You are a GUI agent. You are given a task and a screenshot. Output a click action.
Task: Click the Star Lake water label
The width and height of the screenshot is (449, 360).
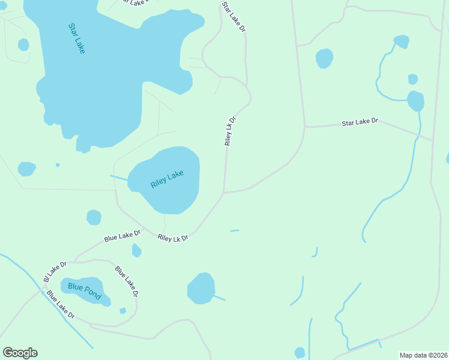pyautogui.click(x=77, y=38)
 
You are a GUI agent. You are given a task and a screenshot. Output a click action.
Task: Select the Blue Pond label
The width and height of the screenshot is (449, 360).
pyautogui.click(x=85, y=292)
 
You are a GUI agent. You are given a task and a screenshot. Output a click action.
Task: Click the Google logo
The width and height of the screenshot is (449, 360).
pyautogui.click(x=20, y=353)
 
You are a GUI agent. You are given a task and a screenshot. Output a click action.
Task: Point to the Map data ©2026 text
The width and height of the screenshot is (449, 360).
pyautogui.click(x=424, y=355)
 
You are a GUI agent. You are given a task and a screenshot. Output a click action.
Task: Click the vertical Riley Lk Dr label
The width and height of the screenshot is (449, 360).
pyautogui.click(x=230, y=131)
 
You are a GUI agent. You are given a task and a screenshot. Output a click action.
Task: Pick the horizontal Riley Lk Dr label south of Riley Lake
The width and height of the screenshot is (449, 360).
pyautogui.click(x=173, y=238)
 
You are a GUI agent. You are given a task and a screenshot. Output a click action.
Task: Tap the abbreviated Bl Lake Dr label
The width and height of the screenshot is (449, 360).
pyautogui.click(x=55, y=272)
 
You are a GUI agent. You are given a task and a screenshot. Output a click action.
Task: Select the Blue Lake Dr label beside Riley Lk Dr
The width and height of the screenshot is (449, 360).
pyautogui.click(x=122, y=236)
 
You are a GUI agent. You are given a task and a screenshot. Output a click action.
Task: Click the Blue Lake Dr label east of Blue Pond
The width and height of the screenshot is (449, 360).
pyautogui.click(x=127, y=281)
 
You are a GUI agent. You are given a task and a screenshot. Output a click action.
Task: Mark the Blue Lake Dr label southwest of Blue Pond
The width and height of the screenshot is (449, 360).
pyautogui.click(x=61, y=305)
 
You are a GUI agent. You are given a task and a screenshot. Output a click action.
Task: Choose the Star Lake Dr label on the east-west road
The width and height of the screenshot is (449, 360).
pyautogui.click(x=360, y=122)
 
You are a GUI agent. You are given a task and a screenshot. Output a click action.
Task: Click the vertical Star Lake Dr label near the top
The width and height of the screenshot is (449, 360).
pyautogui.click(x=234, y=17)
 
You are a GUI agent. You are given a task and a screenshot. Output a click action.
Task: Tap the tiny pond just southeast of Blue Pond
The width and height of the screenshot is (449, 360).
pyautogui.click(x=122, y=310)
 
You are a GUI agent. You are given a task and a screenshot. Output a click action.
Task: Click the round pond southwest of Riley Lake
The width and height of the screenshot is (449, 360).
pyautogui.click(x=94, y=217)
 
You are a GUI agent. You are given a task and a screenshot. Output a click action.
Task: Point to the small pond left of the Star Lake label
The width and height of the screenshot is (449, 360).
pyautogui.click(x=23, y=44)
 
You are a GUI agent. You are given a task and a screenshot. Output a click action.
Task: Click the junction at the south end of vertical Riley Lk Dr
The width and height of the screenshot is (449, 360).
pyautogui.click(x=224, y=193)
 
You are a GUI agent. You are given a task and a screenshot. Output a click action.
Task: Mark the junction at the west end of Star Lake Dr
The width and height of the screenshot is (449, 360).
pyautogui.click(x=305, y=127)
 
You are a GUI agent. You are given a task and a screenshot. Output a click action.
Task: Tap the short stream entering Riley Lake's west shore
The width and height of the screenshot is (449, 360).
pyautogui.click(x=119, y=177)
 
